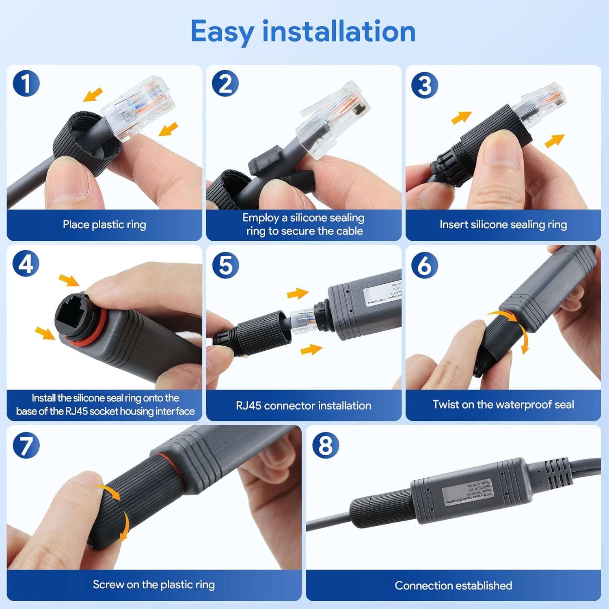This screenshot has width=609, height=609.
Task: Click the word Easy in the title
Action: point(222,32)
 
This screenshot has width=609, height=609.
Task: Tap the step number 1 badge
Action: point(26,84)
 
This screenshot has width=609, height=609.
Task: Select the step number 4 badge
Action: point(26,264)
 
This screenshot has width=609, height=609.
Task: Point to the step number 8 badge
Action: point(326,445)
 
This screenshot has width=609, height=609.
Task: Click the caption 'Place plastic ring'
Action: point(104,225)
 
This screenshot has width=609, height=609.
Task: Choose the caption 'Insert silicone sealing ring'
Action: point(503,225)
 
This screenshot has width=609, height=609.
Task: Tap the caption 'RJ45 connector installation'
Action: point(303,405)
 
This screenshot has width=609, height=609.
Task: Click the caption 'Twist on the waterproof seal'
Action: point(503,404)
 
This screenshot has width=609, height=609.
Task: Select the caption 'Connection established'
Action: point(453,585)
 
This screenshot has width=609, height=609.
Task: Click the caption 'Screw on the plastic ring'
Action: point(153,585)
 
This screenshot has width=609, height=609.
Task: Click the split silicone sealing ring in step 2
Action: point(266,162)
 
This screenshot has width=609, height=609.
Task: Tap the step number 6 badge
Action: point(425,265)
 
